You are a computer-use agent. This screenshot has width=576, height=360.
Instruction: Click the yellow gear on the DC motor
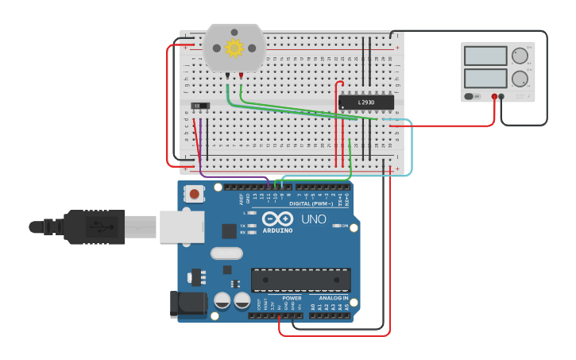click(234, 48)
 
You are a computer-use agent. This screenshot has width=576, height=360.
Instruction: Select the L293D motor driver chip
click(366, 103)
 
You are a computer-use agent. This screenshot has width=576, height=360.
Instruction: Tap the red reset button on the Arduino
click(194, 193)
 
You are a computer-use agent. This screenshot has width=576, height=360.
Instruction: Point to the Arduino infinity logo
click(277, 219)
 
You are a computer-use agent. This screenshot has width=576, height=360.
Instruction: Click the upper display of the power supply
click(485, 56)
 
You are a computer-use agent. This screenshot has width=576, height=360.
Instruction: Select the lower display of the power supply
click(485, 78)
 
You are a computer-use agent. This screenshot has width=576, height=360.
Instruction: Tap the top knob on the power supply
click(520, 56)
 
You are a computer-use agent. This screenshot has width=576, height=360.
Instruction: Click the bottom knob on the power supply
click(520, 78)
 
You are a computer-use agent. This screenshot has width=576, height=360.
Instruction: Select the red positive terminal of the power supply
click(494, 96)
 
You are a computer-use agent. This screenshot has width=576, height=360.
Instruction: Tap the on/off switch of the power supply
click(470, 96)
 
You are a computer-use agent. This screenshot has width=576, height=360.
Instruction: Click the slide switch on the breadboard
click(201, 105)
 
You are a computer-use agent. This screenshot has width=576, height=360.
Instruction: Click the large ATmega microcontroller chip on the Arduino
click(300, 280)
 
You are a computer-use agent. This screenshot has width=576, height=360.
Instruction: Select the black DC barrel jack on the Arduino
click(189, 304)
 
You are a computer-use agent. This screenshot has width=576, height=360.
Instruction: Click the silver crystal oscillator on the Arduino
click(226, 254)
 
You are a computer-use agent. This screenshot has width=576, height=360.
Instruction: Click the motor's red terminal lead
click(241, 76)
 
